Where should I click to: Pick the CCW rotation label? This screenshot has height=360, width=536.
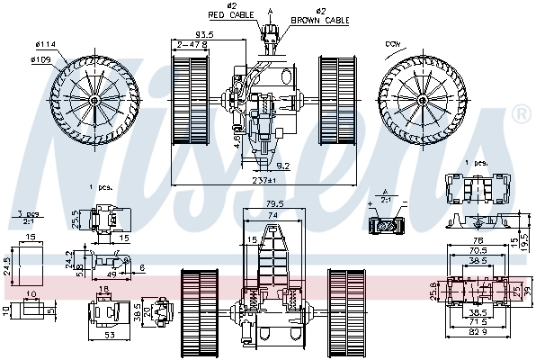pyautogui.click(x=393, y=42)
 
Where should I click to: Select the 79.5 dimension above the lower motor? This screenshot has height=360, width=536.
pyautogui.click(x=273, y=205)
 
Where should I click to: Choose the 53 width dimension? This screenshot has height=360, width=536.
pyautogui.click(x=110, y=336)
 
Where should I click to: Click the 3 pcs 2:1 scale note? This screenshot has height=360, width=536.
pyautogui.click(x=28, y=217)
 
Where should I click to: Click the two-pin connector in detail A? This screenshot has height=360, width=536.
pyautogui.click(x=388, y=226)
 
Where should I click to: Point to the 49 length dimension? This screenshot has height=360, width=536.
pyautogui.click(x=112, y=274)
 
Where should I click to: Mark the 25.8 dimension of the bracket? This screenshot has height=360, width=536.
pyautogui.click(x=433, y=291)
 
